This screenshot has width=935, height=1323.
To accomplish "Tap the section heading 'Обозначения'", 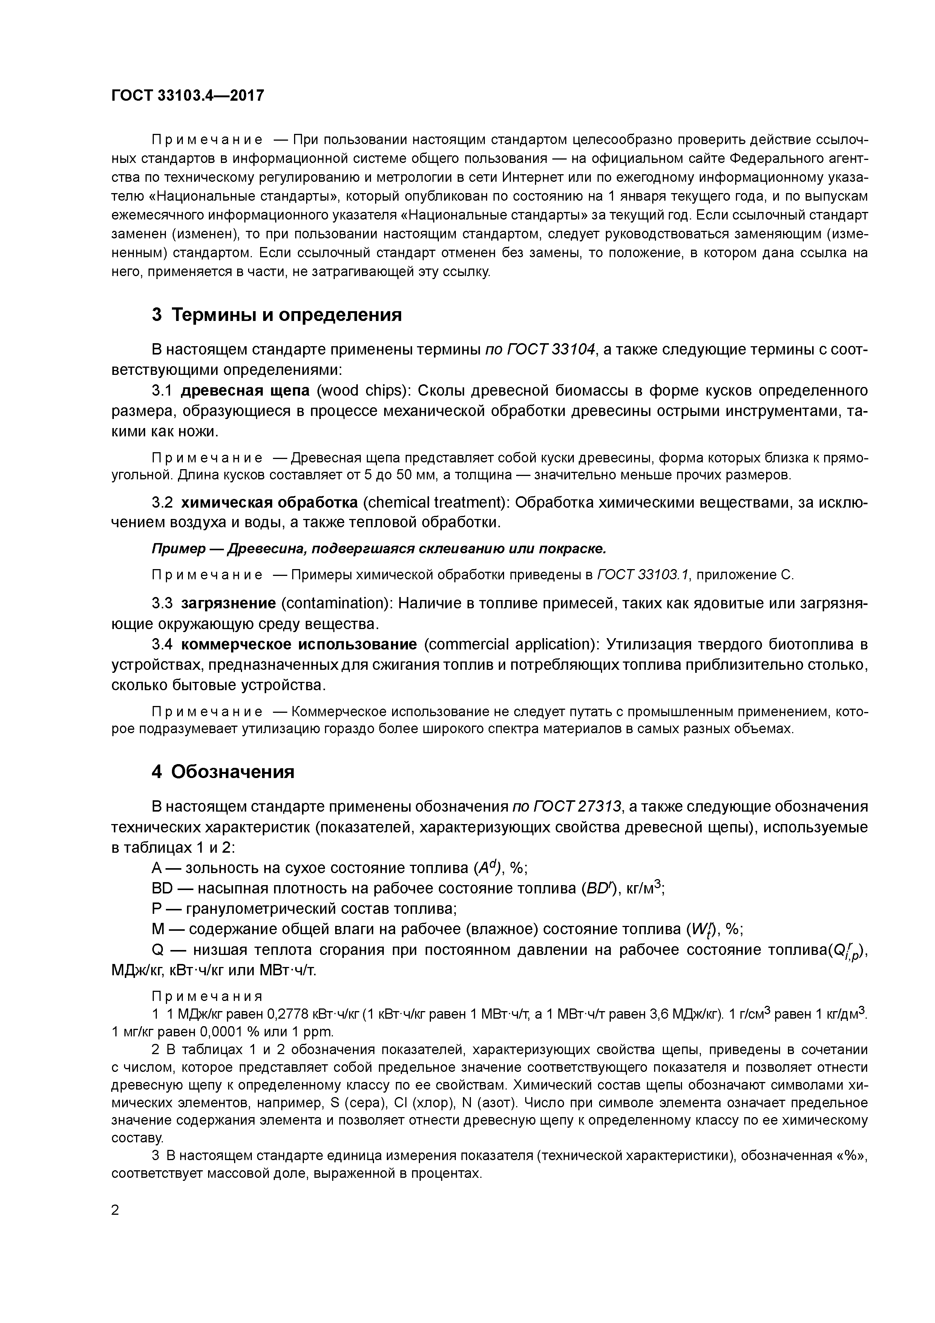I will pyautogui.click(x=232, y=772).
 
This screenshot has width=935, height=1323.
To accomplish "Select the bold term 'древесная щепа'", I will pyautogui.click(x=245, y=391).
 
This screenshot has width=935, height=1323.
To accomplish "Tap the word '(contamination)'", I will pyautogui.click(x=336, y=603).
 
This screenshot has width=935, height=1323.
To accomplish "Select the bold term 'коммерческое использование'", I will pyautogui.click(x=299, y=644).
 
